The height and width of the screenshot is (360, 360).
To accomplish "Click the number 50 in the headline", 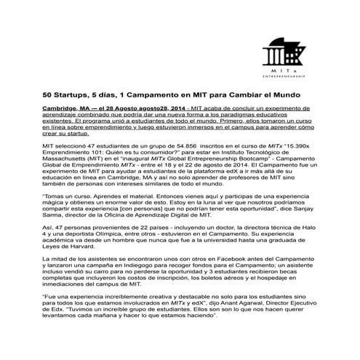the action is coord(47,95).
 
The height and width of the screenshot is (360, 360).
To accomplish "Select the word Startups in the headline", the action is coord(73,95).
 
